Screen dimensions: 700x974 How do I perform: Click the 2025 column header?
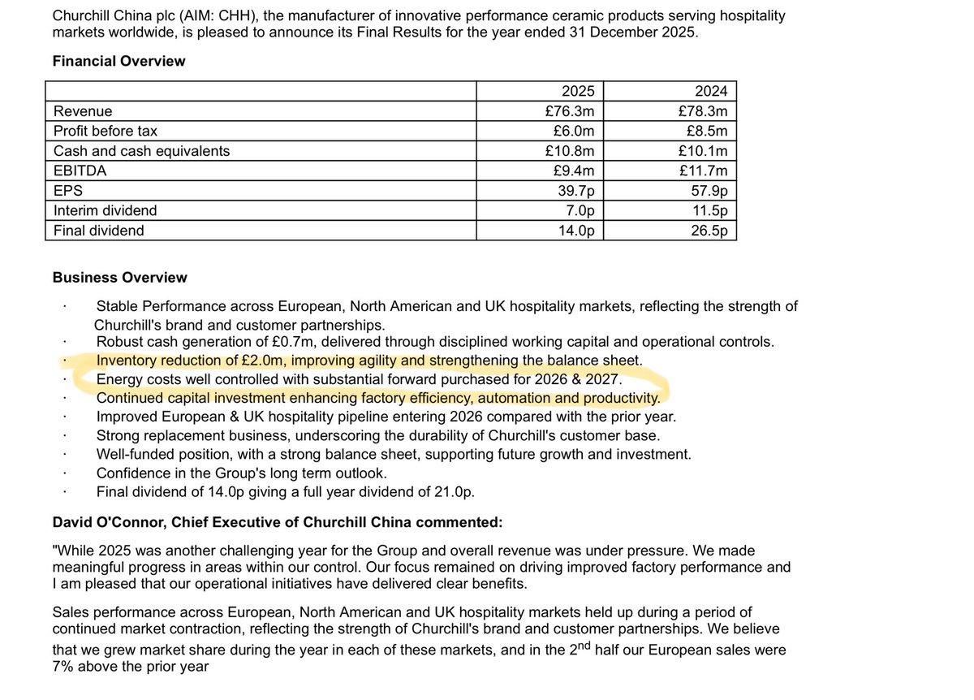(x=578, y=91)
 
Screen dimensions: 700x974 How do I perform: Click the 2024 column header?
(x=711, y=91)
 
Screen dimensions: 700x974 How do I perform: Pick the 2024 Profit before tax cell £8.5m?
(x=706, y=131)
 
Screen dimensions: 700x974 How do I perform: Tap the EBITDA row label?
(x=80, y=171)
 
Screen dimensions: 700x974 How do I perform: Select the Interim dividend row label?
(x=105, y=210)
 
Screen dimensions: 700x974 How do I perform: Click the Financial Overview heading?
(x=119, y=61)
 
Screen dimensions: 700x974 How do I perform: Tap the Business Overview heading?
(x=119, y=278)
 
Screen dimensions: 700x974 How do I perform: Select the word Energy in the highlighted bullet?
(x=119, y=379)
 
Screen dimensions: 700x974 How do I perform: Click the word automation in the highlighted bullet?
(x=514, y=399)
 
